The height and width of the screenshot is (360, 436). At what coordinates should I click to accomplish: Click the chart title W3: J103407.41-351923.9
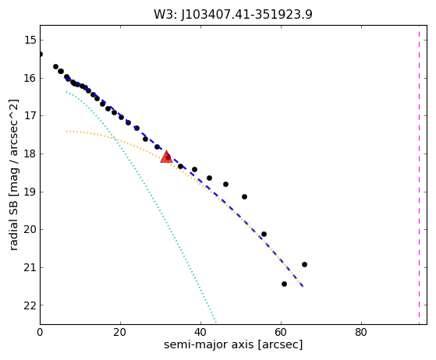point(233,15)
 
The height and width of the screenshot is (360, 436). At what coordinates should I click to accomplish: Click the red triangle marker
point(166,157)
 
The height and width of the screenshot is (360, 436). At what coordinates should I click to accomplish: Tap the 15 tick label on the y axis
point(30,40)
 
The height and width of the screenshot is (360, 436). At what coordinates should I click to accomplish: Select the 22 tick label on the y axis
point(30,305)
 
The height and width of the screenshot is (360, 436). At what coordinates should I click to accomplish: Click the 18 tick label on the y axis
point(30,154)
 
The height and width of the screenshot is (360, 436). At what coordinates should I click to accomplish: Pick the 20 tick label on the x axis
point(120,332)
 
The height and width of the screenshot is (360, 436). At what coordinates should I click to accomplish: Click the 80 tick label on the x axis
point(361,332)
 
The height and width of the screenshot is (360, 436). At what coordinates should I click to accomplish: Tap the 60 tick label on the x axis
point(281,332)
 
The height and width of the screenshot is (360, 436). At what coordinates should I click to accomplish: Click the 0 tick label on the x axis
point(40,332)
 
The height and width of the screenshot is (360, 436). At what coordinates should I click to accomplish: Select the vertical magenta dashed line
point(419,175)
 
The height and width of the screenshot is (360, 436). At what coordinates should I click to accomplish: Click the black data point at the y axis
point(41,54)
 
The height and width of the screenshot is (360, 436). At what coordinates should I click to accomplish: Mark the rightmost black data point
point(304,264)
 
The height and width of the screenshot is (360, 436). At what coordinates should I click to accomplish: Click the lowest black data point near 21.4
point(284,284)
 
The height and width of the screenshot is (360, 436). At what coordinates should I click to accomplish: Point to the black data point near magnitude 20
point(264,235)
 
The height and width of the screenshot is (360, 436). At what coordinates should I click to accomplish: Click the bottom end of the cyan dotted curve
point(216,323)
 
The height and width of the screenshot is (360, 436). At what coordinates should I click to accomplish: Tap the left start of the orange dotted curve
point(67,131)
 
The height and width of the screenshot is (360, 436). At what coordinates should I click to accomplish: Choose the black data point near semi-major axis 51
point(244,196)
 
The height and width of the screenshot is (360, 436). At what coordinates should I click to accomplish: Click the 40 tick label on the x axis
point(200,332)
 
